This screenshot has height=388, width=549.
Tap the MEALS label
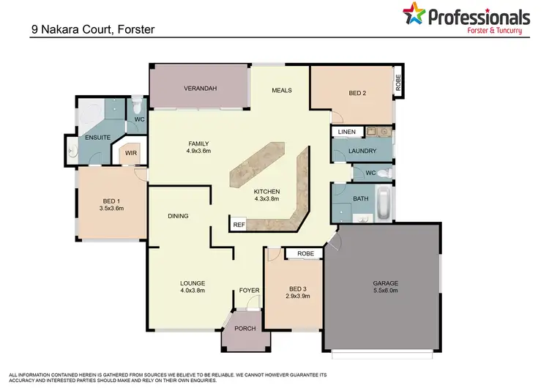click(x=282, y=91)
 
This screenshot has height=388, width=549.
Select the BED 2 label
click(x=356, y=93)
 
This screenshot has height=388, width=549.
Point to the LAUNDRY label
click(x=362, y=152)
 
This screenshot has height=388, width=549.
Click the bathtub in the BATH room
click(x=384, y=203)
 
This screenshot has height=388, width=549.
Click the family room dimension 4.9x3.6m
click(x=199, y=152)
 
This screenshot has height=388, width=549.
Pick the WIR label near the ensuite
click(x=130, y=154)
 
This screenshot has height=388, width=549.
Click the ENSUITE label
click(x=97, y=137)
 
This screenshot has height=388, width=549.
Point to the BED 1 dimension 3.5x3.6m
click(x=111, y=208)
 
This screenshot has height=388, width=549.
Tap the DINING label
click(x=178, y=216)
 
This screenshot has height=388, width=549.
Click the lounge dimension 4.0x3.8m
click(x=193, y=291)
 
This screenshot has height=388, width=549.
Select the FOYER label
click(x=250, y=291)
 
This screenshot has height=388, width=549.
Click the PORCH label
click(x=245, y=329)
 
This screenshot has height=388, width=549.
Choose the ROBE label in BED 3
click(x=306, y=254)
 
